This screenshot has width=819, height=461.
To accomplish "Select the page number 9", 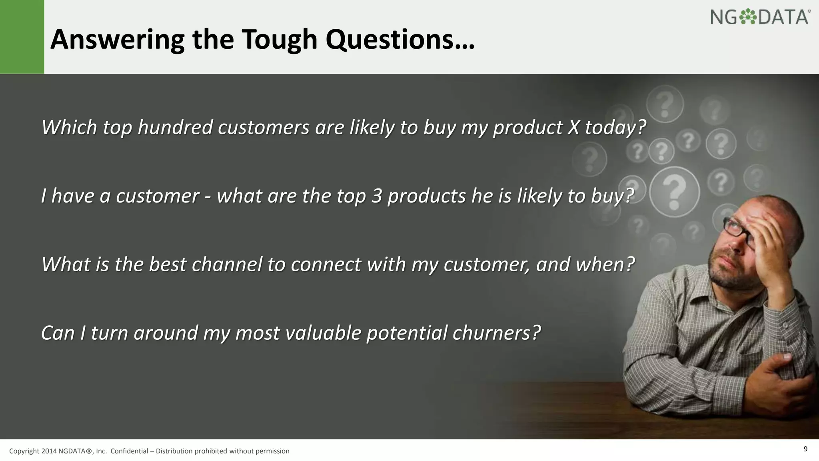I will (805, 449).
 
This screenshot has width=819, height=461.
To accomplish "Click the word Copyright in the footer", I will (24, 451).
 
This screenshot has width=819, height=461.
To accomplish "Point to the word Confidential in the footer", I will (129, 451).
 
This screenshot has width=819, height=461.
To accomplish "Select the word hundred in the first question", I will (175, 128).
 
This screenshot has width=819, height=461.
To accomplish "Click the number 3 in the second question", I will (376, 196).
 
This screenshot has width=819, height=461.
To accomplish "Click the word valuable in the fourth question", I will (323, 333).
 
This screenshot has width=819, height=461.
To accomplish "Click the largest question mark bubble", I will (675, 192).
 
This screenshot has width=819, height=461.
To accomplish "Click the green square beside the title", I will (22, 37).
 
